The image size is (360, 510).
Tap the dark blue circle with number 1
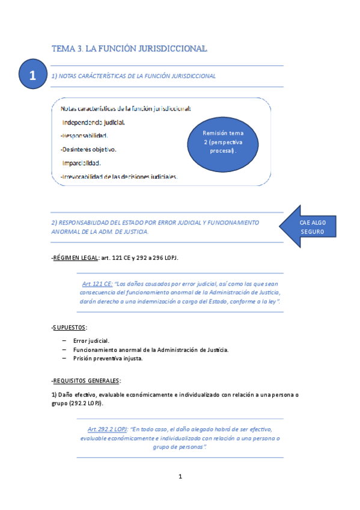33,76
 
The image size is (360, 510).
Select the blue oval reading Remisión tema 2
224,142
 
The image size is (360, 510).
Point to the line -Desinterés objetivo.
88,149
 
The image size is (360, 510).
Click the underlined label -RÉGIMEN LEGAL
75,258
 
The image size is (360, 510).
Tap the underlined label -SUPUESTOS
69,327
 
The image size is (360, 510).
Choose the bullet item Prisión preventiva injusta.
108,358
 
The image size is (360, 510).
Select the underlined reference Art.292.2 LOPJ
106,429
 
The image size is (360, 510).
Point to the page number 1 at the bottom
180,477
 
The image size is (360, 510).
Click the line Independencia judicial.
94,122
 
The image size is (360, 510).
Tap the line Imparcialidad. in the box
82,162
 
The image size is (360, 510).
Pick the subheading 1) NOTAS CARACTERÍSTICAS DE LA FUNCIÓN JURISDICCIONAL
133,76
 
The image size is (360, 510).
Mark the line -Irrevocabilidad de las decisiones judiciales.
119,176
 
